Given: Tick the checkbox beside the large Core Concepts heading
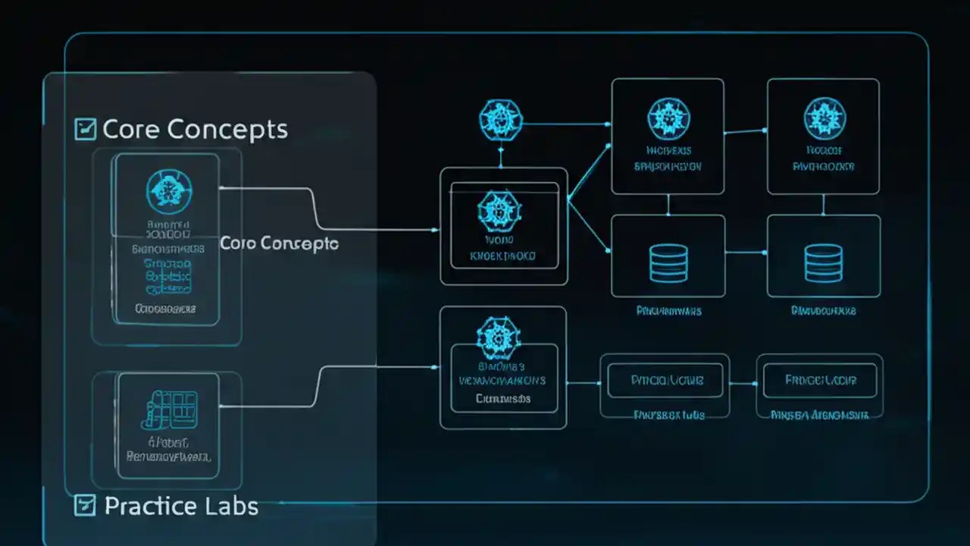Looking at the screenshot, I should pyautogui.click(x=85, y=129).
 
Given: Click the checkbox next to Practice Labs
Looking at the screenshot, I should pyautogui.click(x=85, y=505).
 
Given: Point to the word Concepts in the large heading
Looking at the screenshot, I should pyautogui.click(x=227, y=130).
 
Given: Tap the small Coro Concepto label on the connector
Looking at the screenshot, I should pyautogui.click(x=279, y=243).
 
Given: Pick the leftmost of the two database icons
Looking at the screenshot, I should pyautogui.click(x=668, y=262).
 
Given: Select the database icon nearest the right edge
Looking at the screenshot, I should pyautogui.click(x=823, y=262).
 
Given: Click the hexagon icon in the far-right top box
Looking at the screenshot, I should pyautogui.click(x=823, y=118).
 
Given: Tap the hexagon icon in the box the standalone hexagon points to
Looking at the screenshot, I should pyautogui.click(x=668, y=118).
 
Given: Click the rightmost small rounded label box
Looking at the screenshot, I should pyautogui.click(x=820, y=380).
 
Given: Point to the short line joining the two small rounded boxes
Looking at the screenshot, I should pyautogui.click(x=743, y=383).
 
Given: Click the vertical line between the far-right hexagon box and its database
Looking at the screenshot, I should pyautogui.click(x=823, y=204).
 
